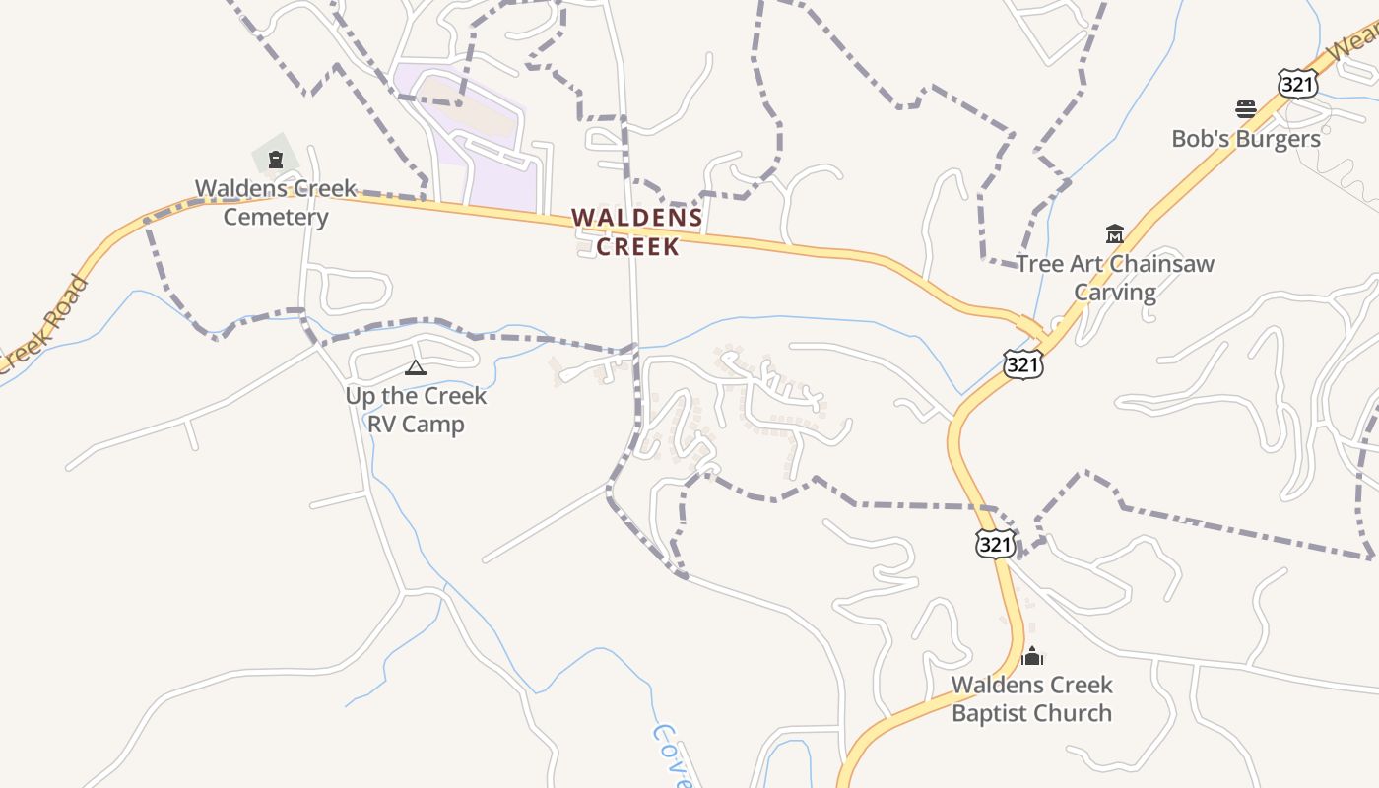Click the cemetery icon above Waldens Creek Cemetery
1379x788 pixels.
point(276,159)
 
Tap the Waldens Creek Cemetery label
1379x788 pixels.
point(276,202)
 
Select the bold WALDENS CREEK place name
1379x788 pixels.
point(637,231)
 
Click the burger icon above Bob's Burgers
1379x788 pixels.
point(1246,108)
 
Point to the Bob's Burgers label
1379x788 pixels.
point(1245,139)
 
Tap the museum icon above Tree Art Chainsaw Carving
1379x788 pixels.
point(1114,234)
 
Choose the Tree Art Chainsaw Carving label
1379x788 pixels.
point(1115,278)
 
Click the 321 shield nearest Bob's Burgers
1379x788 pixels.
point(1297,85)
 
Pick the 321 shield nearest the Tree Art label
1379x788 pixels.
point(1022,364)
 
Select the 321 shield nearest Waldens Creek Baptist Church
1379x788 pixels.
point(995,543)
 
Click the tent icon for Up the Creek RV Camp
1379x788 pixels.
point(415,368)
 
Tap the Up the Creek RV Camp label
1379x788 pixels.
point(416,410)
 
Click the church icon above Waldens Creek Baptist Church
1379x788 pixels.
point(1032,655)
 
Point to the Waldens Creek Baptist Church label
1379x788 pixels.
point(1031,698)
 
